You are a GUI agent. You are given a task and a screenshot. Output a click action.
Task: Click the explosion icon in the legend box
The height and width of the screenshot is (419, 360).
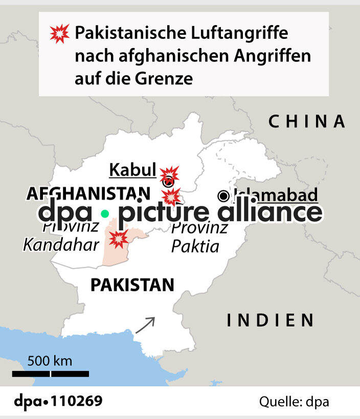59,34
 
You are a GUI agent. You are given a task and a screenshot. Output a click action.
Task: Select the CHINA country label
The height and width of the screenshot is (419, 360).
307,122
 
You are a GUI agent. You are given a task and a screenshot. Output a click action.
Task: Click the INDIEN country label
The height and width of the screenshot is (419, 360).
271,320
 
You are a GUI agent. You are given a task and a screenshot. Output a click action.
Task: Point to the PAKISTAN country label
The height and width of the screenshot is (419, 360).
132,285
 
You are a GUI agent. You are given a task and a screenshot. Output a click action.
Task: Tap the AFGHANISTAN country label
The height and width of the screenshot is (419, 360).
88,194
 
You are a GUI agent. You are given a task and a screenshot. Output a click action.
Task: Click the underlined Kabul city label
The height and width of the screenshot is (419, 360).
132,170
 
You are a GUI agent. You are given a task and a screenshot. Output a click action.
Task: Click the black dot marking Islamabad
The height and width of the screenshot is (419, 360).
223,195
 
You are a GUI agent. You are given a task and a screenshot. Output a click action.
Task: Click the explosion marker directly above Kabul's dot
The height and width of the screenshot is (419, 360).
169,174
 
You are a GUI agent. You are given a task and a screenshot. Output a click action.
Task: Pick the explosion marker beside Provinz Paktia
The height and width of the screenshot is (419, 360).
171,196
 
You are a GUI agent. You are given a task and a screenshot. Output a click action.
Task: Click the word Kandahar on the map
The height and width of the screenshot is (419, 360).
61,245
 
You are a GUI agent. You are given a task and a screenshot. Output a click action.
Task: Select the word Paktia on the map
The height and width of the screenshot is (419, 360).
195,247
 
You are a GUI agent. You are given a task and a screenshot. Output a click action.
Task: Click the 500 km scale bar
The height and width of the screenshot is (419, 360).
50,374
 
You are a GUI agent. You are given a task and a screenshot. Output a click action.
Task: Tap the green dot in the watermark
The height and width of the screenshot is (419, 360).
105,214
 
